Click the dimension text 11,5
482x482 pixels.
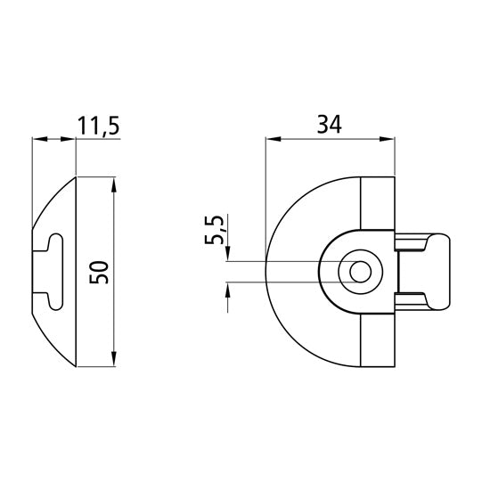[x=98, y=126]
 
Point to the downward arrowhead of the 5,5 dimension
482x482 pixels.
[x=229, y=255]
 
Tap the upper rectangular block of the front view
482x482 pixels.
[x=376, y=205]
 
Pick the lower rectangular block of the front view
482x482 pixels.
[x=376, y=339]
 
